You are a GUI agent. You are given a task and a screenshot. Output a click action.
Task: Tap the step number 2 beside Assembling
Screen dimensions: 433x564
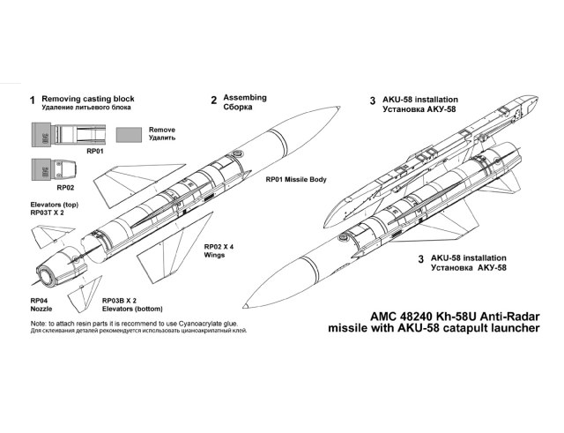(x=213, y=101)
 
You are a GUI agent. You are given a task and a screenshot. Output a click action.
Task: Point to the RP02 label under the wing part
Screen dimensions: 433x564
(x=64, y=187)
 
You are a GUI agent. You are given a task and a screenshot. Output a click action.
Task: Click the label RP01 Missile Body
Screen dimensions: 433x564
(x=296, y=179)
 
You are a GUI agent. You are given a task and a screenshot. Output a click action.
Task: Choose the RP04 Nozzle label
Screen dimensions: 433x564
(x=42, y=304)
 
